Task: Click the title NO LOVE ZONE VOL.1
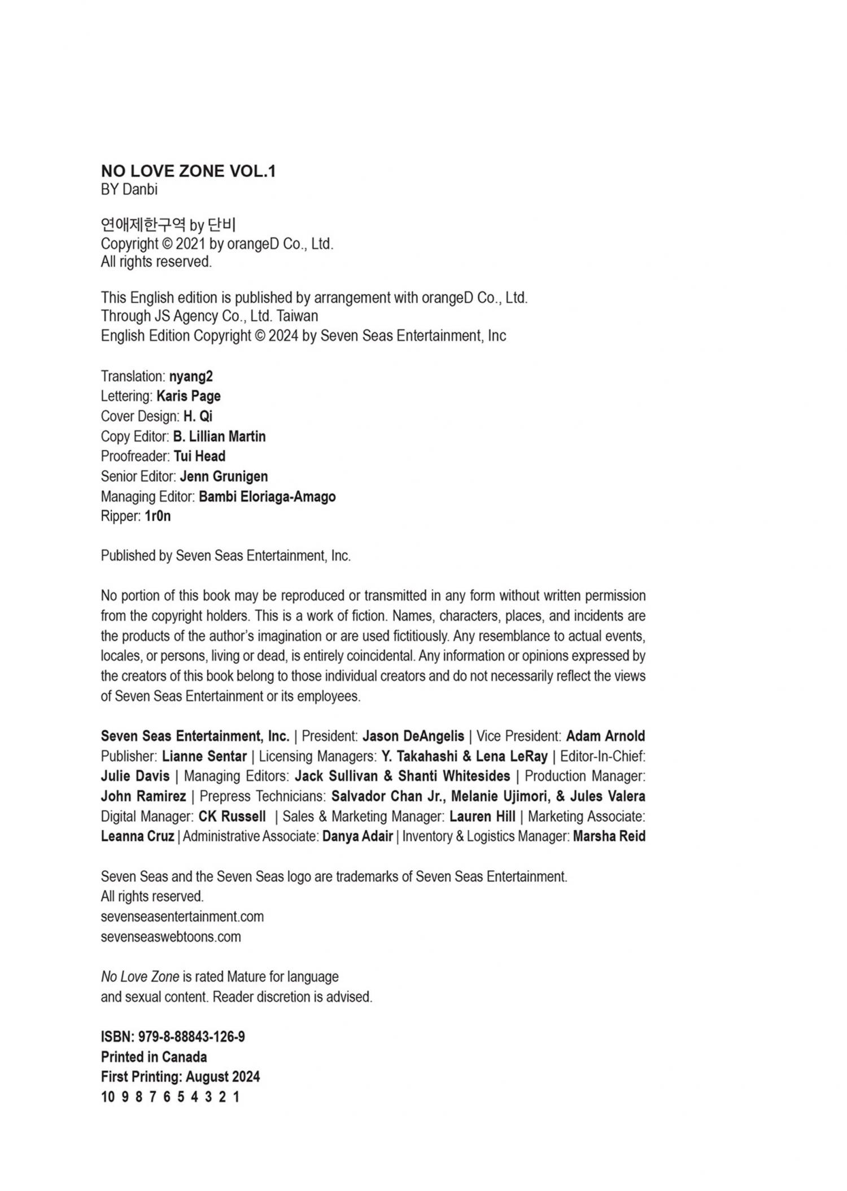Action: pos(188,171)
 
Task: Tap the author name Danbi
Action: pos(139,190)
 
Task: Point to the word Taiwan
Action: pos(297,316)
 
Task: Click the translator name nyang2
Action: pos(191,376)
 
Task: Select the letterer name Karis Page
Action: pos(189,396)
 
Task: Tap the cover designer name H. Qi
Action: pos(198,416)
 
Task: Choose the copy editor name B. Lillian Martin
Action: pos(219,437)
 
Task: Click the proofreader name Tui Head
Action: pos(199,456)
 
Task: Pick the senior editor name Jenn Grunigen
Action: pos(224,477)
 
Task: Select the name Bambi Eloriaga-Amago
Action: pos(267,497)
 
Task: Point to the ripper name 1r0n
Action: pos(158,516)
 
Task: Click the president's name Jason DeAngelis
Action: pos(413,736)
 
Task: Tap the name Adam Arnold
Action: pos(605,736)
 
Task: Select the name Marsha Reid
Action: pos(609,836)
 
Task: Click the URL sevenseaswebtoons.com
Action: pos(171,937)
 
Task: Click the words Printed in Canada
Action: pos(154,1057)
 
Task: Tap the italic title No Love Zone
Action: pos(140,976)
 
